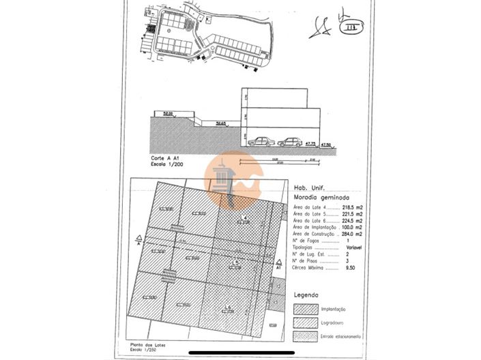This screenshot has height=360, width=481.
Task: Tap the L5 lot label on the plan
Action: coord(235,262)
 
